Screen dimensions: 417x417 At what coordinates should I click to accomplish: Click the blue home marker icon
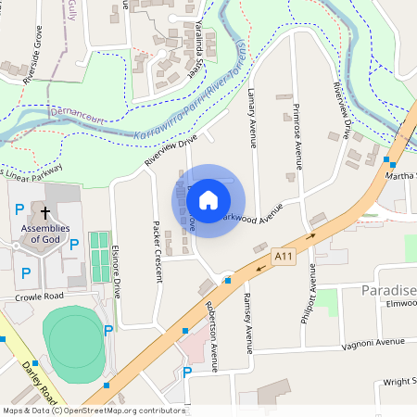click(x=208, y=200)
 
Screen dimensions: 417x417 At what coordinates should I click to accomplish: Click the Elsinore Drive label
click(x=115, y=270)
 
